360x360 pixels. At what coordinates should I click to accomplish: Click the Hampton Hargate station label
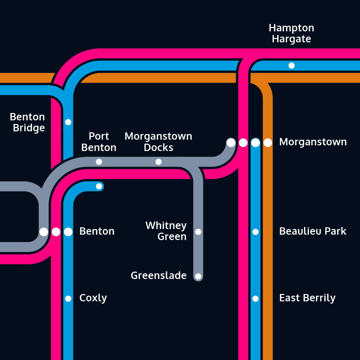(x=291, y=33)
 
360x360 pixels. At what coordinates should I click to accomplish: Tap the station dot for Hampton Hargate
(x=291, y=66)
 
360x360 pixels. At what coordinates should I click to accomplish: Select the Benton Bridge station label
(x=28, y=122)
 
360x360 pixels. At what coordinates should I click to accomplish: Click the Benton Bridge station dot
(x=68, y=122)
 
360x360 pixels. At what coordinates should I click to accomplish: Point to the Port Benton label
(x=99, y=142)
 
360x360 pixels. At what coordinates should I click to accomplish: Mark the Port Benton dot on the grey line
(x=99, y=162)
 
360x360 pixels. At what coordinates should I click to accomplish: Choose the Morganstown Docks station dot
(x=159, y=162)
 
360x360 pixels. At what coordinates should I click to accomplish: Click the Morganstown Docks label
(x=158, y=142)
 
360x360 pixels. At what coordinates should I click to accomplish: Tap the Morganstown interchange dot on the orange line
(x=268, y=143)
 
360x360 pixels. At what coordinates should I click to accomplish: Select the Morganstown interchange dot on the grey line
(x=231, y=143)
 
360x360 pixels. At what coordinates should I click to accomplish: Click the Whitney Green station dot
(x=198, y=232)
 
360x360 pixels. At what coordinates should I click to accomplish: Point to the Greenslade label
(x=159, y=276)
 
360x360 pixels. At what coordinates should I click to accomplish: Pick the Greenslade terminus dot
(x=198, y=276)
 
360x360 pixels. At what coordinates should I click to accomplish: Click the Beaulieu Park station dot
(x=255, y=232)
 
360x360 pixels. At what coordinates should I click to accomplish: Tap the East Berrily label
(x=307, y=298)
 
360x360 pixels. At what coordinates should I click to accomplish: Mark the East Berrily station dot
(x=255, y=299)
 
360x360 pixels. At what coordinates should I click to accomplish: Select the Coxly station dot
(x=68, y=299)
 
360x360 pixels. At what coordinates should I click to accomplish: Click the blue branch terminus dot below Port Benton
(x=99, y=186)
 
